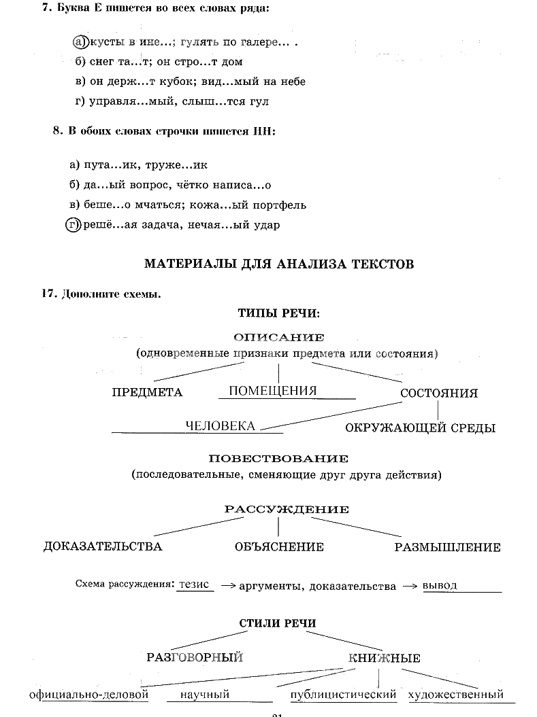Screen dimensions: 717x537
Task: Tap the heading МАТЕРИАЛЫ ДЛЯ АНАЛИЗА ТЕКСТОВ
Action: click(x=279, y=264)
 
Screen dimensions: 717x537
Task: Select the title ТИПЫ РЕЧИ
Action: click(x=278, y=313)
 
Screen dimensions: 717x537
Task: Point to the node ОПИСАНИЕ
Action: click(x=278, y=337)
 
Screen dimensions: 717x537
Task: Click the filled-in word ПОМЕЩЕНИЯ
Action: click(x=272, y=391)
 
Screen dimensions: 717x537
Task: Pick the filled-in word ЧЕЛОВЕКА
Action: click(x=221, y=426)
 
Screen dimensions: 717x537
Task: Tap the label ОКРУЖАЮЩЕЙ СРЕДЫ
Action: click(x=420, y=428)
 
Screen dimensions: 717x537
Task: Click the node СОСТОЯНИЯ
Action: click(x=438, y=394)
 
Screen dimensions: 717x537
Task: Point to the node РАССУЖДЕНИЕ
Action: click(x=278, y=510)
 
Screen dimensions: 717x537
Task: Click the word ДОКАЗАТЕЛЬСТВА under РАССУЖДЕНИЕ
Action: click(x=103, y=547)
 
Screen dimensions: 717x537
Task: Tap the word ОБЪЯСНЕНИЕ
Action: click(x=278, y=547)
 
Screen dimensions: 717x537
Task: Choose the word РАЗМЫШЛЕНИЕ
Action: click(x=447, y=547)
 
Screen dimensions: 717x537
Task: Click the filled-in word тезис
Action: click(x=195, y=584)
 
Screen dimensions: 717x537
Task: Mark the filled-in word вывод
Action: click(x=440, y=585)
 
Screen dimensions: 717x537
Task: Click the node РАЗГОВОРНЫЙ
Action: click(x=195, y=657)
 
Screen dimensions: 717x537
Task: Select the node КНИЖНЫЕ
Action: click(x=384, y=658)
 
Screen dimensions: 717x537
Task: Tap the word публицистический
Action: click(x=343, y=695)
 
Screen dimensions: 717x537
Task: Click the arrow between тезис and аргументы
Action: click(x=227, y=586)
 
